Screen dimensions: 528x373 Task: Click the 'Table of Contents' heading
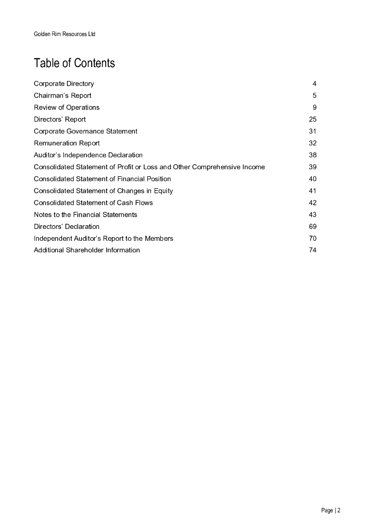coord(74,63)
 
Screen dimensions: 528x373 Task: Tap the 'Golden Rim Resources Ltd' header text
coord(64,35)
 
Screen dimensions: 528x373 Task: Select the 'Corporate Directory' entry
coord(64,84)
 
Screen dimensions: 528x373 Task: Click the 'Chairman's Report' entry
coord(62,95)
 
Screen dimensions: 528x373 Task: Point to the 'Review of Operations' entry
coord(66,107)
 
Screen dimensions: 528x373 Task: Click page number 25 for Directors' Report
coord(313,119)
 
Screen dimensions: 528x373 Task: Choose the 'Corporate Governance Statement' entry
coord(86,131)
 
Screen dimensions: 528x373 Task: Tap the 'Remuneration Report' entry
coord(66,143)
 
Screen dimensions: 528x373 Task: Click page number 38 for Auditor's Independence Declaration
coord(313,155)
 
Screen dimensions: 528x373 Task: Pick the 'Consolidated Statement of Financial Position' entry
coord(102,178)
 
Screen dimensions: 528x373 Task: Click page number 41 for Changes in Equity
coord(313,190)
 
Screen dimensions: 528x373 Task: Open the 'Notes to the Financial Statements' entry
coord(86,214)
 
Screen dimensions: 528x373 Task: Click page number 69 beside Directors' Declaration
coord(313,226)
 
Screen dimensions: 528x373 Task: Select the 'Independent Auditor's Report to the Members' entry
coord(104,238)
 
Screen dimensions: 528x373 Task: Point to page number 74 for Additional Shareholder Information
coord(313,250)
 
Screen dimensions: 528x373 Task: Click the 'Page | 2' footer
coord(331,510)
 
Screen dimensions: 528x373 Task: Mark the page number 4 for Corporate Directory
coord(314,84)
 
